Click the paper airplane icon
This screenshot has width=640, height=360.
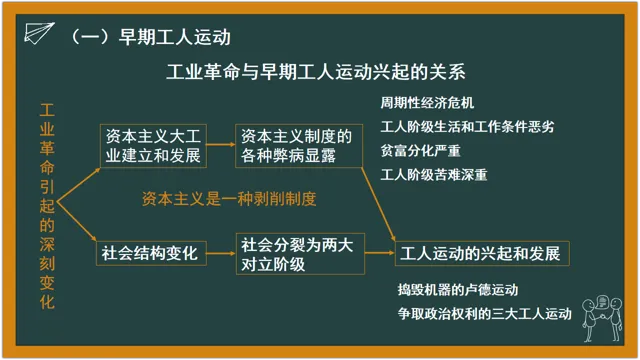(39, 33)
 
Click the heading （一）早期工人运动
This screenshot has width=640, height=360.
(151, 37)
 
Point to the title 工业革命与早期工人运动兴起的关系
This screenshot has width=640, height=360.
(316, 72)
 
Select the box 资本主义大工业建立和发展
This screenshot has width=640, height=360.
(153, 146)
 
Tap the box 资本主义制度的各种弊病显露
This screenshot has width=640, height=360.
(299, 146)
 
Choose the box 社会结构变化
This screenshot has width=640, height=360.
(151, 253)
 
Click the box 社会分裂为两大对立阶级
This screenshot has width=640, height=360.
(300, 253)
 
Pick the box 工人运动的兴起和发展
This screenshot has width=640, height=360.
(482, 253)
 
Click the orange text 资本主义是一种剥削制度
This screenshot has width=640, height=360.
(229, 199)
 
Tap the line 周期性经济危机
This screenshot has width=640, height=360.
(427, 103)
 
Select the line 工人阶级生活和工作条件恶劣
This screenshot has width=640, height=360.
(467, 127)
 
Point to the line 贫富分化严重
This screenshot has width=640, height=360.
(420, 151)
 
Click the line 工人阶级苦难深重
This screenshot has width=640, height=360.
(434, 175)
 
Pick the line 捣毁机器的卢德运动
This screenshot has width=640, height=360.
(458, 290)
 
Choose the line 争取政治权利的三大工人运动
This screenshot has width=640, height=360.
(485, 314)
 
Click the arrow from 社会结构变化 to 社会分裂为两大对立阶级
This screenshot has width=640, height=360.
(221, 253)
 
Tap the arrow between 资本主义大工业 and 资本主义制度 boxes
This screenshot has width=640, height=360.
(221, 144)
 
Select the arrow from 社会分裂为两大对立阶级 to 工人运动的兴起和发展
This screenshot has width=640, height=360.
(380, 253)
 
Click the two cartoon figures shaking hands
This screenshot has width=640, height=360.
(602, 319)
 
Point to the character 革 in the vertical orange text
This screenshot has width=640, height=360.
(47, 148)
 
